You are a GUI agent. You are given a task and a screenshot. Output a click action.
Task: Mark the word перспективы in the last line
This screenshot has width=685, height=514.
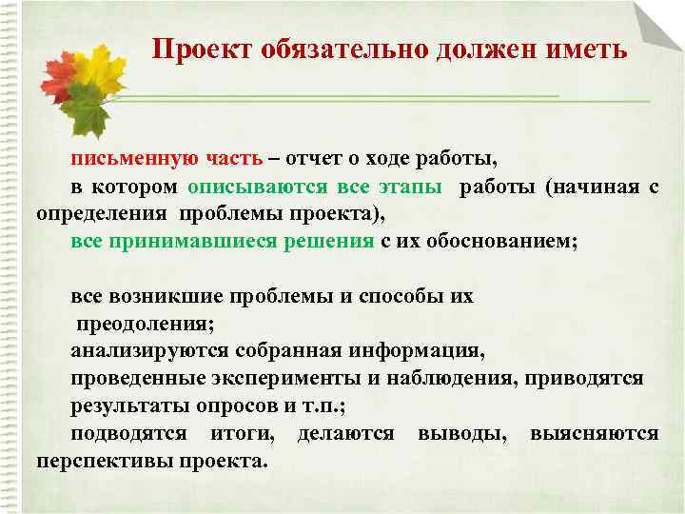99,461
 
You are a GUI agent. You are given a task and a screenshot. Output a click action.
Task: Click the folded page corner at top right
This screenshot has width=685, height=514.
657,24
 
